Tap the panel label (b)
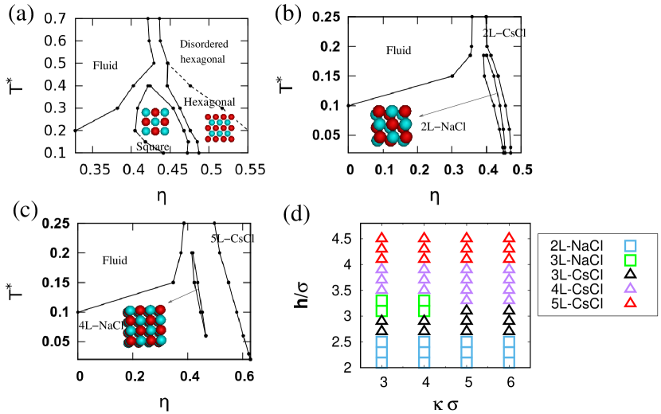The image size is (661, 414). click(287, 13)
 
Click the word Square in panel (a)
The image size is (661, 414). click(152, 146)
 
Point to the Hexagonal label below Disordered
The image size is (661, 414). click(209, 102)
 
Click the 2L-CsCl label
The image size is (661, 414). click(505, 33)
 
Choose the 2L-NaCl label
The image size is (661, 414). click(443, 125)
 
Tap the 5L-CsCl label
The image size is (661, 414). click(232, 238)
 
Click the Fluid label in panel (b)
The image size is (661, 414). click(398, 50)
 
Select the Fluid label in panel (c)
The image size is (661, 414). click(115, 260)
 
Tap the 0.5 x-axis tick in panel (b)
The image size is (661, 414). click(522, 169)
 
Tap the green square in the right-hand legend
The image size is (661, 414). click(630, 260)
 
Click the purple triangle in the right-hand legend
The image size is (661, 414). click(630, 287)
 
